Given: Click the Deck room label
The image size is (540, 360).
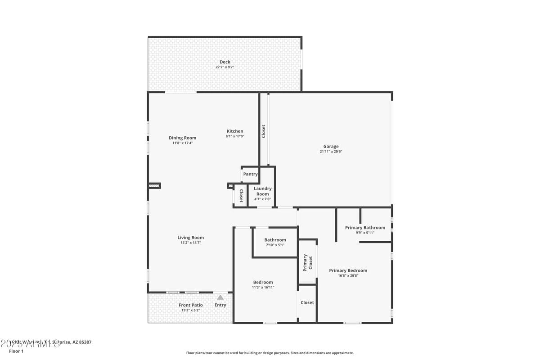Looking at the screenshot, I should click(x=225, y=62).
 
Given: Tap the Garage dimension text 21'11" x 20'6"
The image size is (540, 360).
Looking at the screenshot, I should click(x=331, y=152).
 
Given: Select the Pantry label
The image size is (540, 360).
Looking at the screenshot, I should click(x=250, y=174).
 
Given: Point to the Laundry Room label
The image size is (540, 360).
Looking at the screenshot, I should click(x=262, y=191).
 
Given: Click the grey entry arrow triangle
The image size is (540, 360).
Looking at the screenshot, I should click(x=220, y=297).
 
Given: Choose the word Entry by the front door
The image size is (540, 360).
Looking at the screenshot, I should click(x=220, y=305).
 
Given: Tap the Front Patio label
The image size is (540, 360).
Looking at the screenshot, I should click(x=191, y=305).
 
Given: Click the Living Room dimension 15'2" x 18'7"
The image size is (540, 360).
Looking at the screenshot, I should click(x=191, y=243).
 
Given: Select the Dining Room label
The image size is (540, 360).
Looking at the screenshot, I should click(x=182, y=138).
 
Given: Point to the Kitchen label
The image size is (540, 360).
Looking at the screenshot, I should click(x=235, y=131).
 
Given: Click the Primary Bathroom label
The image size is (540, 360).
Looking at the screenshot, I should click(x=365, y=228).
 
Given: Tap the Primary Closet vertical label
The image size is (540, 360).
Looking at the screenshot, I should click(x=307, y=262).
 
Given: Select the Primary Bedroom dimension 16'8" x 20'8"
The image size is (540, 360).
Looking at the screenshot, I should click(x=348, y=275).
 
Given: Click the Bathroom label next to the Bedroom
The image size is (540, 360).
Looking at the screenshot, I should click(x=275, y=240).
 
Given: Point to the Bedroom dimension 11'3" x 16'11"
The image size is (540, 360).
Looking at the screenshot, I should click(x=263, y=287).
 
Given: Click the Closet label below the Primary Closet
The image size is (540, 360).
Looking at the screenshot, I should click(x=307, y=302).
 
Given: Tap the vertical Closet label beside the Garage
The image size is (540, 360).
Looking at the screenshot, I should click(x=264, y=131).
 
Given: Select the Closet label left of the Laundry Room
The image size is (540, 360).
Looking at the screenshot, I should click(x=241, y=196).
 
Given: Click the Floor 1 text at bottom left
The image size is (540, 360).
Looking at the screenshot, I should click(x=16, y=351).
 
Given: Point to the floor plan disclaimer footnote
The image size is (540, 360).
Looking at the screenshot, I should click(x=270, y=353).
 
